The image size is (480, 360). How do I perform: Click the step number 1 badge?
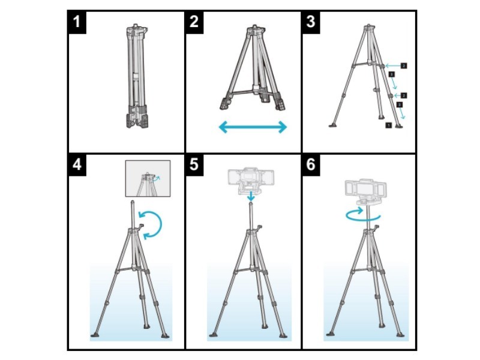coord(76,23)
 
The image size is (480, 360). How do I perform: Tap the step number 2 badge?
coord(194,23)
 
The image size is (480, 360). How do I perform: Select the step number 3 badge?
coord(311,23)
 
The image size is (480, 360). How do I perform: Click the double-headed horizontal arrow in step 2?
coord(253,127)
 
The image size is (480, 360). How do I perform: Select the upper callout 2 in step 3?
coord(404,64)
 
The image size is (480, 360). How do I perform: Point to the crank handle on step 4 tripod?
coord(142,227)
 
